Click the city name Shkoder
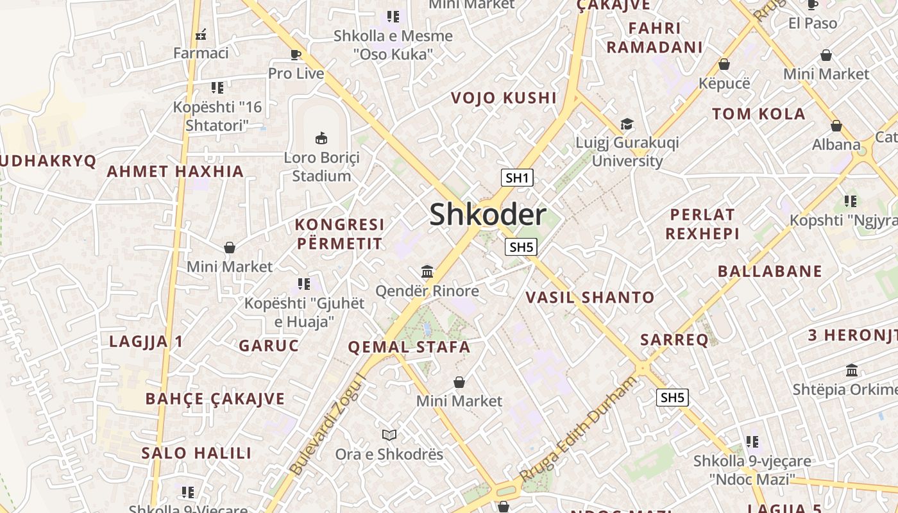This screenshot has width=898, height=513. (x=487, y=215)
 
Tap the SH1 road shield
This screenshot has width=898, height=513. (x=517, y=178)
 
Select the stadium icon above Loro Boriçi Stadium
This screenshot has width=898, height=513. (x=321, y=138)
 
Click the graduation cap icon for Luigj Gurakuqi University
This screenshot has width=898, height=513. (x=627, y=124)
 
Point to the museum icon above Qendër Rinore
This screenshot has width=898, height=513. (x=427, y=272)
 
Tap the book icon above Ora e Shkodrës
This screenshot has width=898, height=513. (x=389, y=435)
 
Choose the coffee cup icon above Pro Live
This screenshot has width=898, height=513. (x=296, y=55)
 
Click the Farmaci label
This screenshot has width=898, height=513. (x=201, y=53)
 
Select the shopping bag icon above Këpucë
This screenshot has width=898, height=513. (x=724, y=64)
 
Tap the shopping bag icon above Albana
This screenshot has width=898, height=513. (x=836, y=126)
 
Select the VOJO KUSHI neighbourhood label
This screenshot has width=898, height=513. (x=504, y=98)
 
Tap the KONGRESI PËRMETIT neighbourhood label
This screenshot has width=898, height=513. (x=339, y=234)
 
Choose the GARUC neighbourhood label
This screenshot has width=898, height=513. (x=269, y=346)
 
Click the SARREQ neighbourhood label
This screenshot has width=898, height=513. (x=674, y=340)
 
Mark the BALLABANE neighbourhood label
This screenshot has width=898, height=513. (x=770, y=271)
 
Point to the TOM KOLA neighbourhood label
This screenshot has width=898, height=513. (x=758, y=114)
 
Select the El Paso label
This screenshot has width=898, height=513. (x=813, y=24)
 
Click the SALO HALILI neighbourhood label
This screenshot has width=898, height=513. (x=196, y=453)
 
